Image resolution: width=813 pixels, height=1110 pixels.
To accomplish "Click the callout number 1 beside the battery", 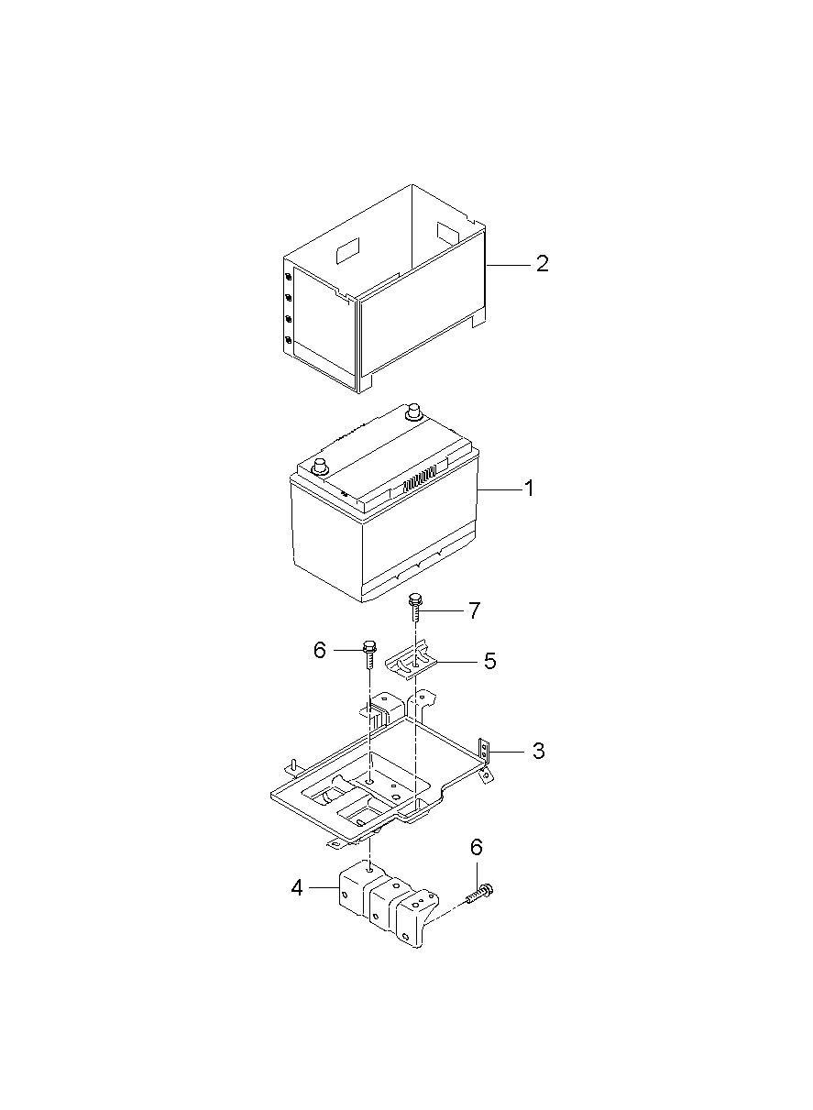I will click(528, 489).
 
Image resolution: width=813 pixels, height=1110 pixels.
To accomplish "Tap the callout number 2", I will click(542, 264).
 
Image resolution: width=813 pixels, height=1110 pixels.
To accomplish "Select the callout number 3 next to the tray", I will click(538, 751).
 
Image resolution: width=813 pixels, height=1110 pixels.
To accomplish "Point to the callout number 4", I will click(297, 887).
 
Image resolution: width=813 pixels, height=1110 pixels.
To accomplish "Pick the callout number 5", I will click(489, 661).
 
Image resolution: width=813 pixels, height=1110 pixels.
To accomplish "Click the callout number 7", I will click(474, 610).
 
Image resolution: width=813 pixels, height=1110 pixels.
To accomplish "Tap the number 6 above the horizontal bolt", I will click(477, 848).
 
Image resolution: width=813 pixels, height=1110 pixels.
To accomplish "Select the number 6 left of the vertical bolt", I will click(320, 650).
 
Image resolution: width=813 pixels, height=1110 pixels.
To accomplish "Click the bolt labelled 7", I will click(415, 609).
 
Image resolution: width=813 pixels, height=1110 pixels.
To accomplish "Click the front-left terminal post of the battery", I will click(322, 467).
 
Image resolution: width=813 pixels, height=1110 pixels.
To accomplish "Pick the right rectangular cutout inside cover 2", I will click(449, 230).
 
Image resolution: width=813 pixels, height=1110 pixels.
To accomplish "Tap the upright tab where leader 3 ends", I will click(487, 754).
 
